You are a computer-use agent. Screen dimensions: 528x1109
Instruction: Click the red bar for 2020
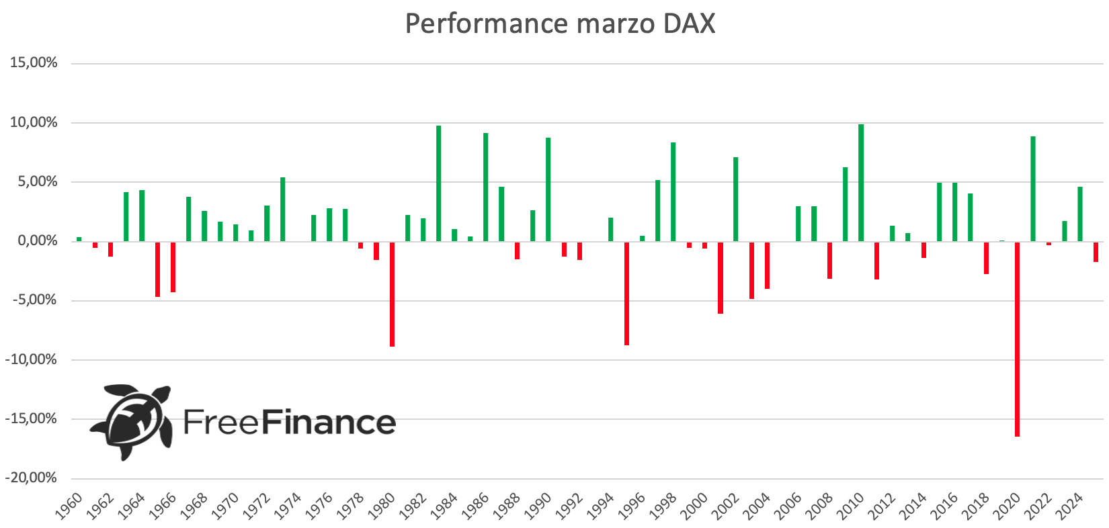pos(1017,339)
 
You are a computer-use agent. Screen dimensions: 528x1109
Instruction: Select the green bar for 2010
pos(861,183)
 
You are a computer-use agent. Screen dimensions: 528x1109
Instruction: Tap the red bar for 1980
pos(392,294)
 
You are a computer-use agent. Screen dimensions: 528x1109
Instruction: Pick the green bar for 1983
pos(439,183)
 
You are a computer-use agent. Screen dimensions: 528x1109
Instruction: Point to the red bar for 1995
pos(626,293)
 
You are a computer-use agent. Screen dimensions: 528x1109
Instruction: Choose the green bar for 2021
pos(1033,189)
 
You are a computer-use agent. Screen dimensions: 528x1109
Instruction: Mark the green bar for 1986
pos(486,187)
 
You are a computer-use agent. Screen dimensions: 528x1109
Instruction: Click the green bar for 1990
pos(548,189)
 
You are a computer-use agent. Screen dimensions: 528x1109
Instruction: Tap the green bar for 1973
pos(283,209)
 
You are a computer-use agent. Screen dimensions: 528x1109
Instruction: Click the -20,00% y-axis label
pos(32,478)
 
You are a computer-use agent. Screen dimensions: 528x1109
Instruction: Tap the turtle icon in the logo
pos(132,421)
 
